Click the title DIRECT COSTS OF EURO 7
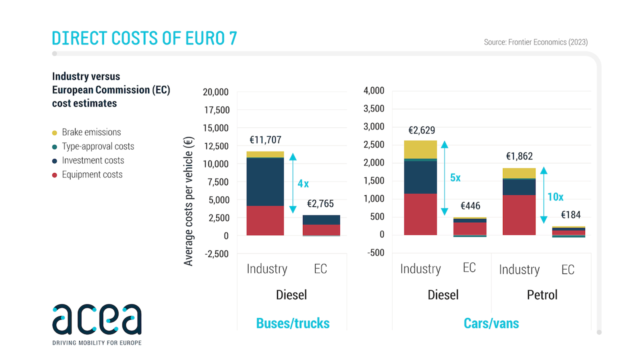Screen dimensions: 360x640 (x=144, y=38)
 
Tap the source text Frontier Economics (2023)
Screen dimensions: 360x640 (x=535, y=42)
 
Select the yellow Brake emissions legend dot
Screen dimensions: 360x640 (x=54, y=132)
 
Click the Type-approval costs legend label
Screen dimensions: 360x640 (x=98, y=146)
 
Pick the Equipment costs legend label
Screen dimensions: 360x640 (x=92, y=174)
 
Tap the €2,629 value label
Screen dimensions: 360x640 (x=421, y=130)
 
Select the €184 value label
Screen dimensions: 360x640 (x=570, y=215)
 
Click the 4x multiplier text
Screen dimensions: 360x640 (x=303, y=183)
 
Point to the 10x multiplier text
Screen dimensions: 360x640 (x=555, y=197)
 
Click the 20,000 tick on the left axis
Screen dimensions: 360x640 (x=215, y=92)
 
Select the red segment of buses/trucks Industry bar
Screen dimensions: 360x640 (x=265, y=220)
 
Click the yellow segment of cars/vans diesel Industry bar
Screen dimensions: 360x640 (x=420, y=149)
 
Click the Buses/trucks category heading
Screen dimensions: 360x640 (x=292, y=323)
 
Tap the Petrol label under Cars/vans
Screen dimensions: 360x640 (x=542, y=295)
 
